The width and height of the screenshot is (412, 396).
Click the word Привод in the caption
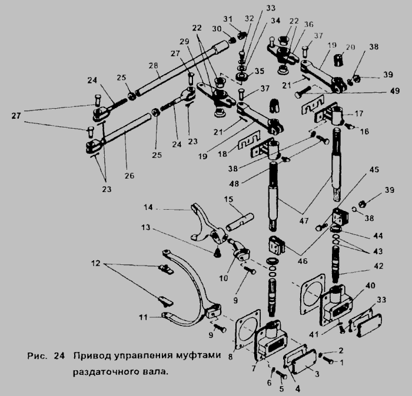(x=91, y=356)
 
